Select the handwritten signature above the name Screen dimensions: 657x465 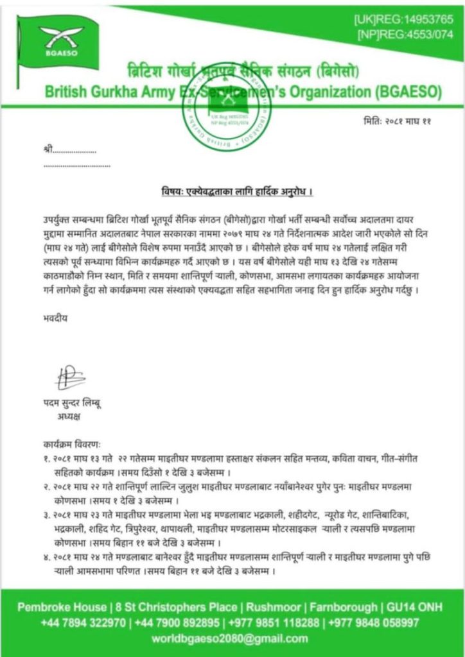pyautogui.click(x=69, y=379)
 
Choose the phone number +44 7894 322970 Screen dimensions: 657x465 pyautogui.click(x=83, y=622)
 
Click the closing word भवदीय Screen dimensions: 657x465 pyautogui.click(x=51, y=317)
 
